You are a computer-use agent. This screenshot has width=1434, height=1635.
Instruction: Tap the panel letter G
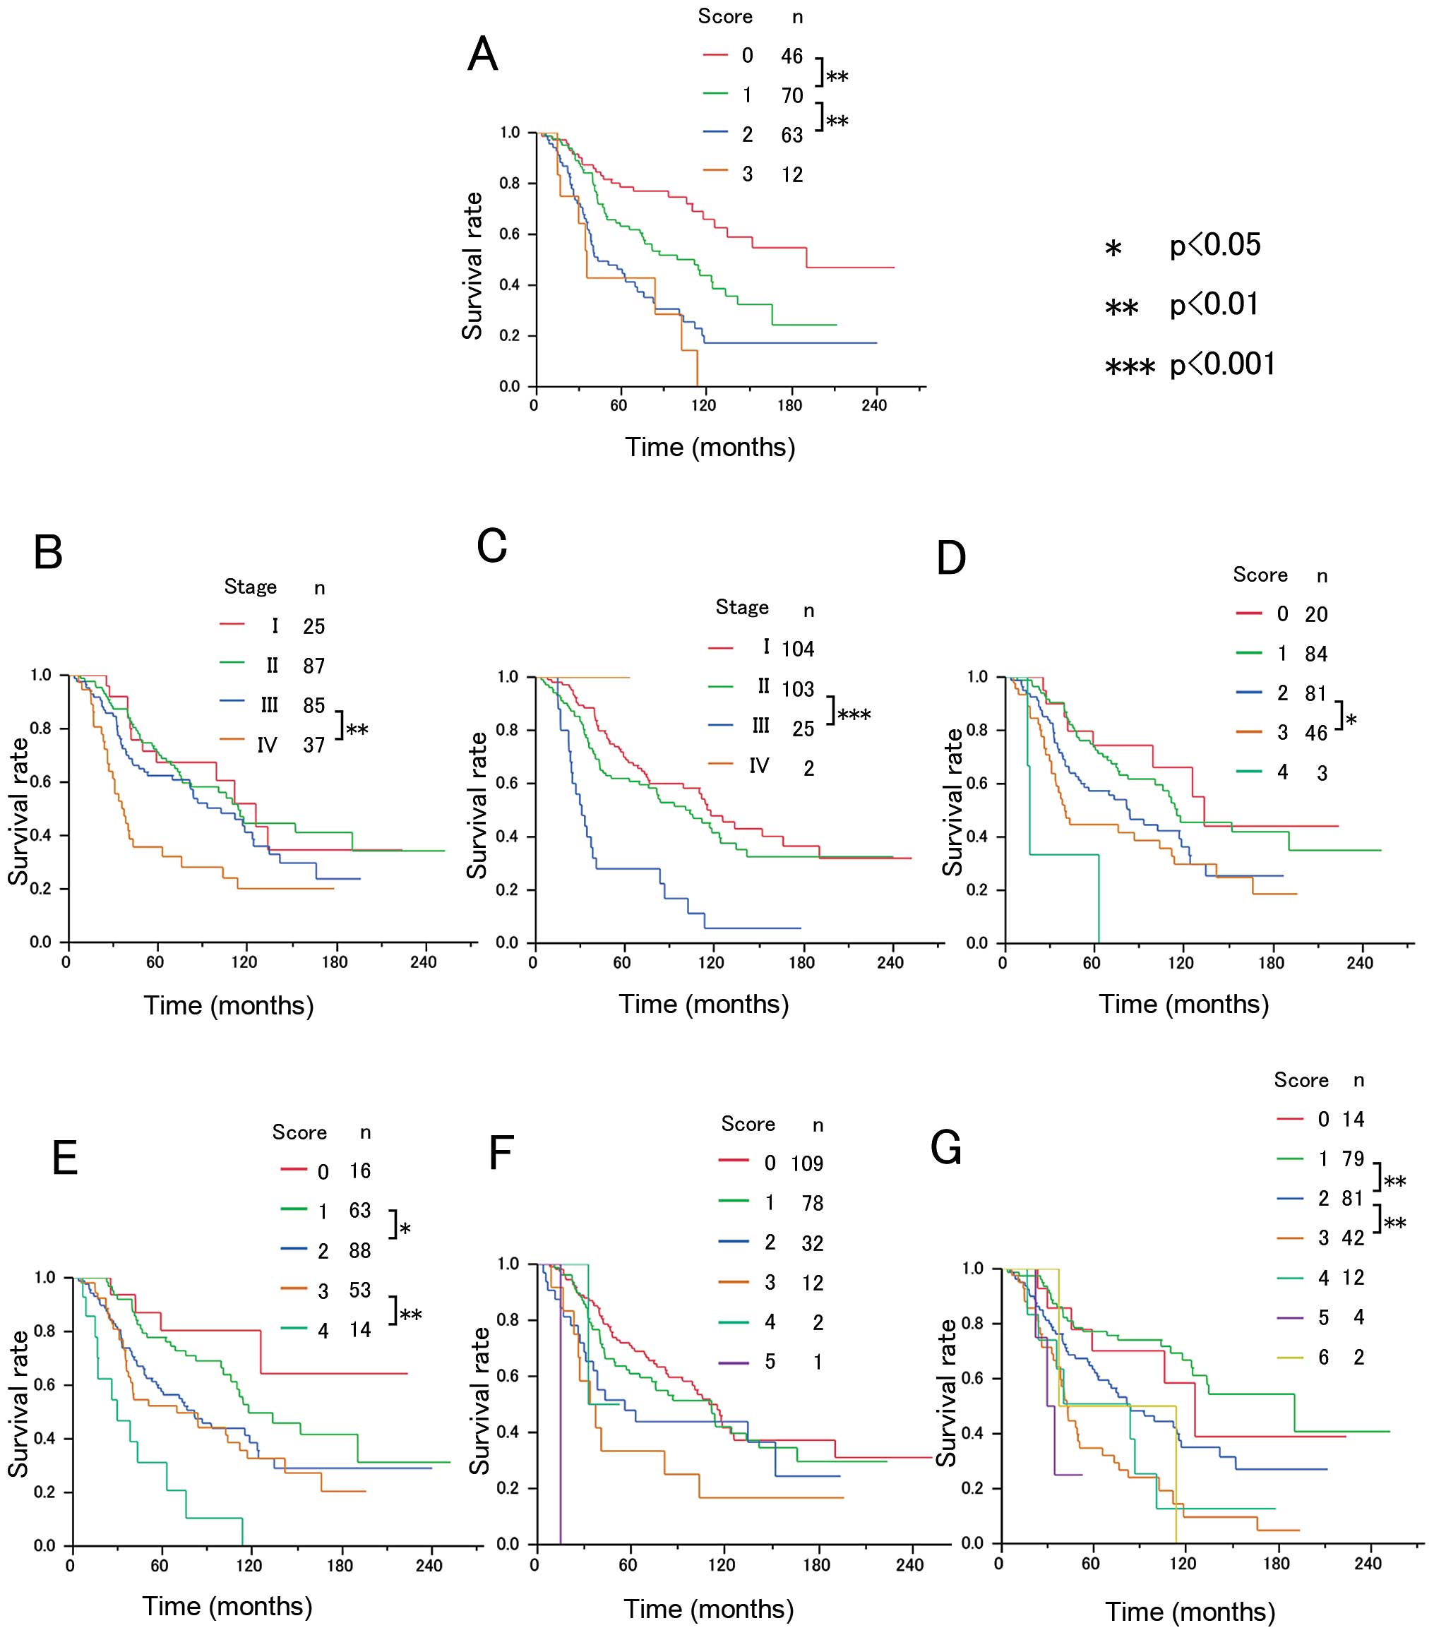tap(947, 1149)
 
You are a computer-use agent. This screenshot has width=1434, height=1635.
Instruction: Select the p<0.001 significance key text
tap(1222, 365)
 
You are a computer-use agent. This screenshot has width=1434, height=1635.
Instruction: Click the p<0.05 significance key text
tap(1214, 246)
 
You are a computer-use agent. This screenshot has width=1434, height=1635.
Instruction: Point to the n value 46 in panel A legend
tap(791, 56)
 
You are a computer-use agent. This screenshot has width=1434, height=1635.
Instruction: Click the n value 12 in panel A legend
tap(791, 175)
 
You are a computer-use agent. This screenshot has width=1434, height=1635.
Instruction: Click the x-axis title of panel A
tap(710, 447)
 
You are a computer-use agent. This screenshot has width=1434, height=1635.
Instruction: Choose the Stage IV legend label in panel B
tap(266, 745)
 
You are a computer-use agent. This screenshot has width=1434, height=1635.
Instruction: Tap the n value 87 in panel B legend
tap(313, 666)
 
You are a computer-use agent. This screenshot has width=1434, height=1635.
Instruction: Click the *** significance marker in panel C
tap(854, 714)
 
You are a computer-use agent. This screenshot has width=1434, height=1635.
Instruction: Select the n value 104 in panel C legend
tap(798, 649)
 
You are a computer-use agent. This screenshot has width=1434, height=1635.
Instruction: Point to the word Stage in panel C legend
tap(742, 608)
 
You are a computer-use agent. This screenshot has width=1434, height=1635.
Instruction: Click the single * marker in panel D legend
tap(1351, 721)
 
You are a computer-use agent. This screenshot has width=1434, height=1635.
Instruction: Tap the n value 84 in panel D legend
tap(1315, 654)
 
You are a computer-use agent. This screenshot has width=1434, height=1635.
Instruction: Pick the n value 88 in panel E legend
tap(359, 1250)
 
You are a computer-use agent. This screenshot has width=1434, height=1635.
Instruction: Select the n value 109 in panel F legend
tap(806, 1164)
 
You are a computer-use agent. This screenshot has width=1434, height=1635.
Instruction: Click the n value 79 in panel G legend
tap(1352, 1159)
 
